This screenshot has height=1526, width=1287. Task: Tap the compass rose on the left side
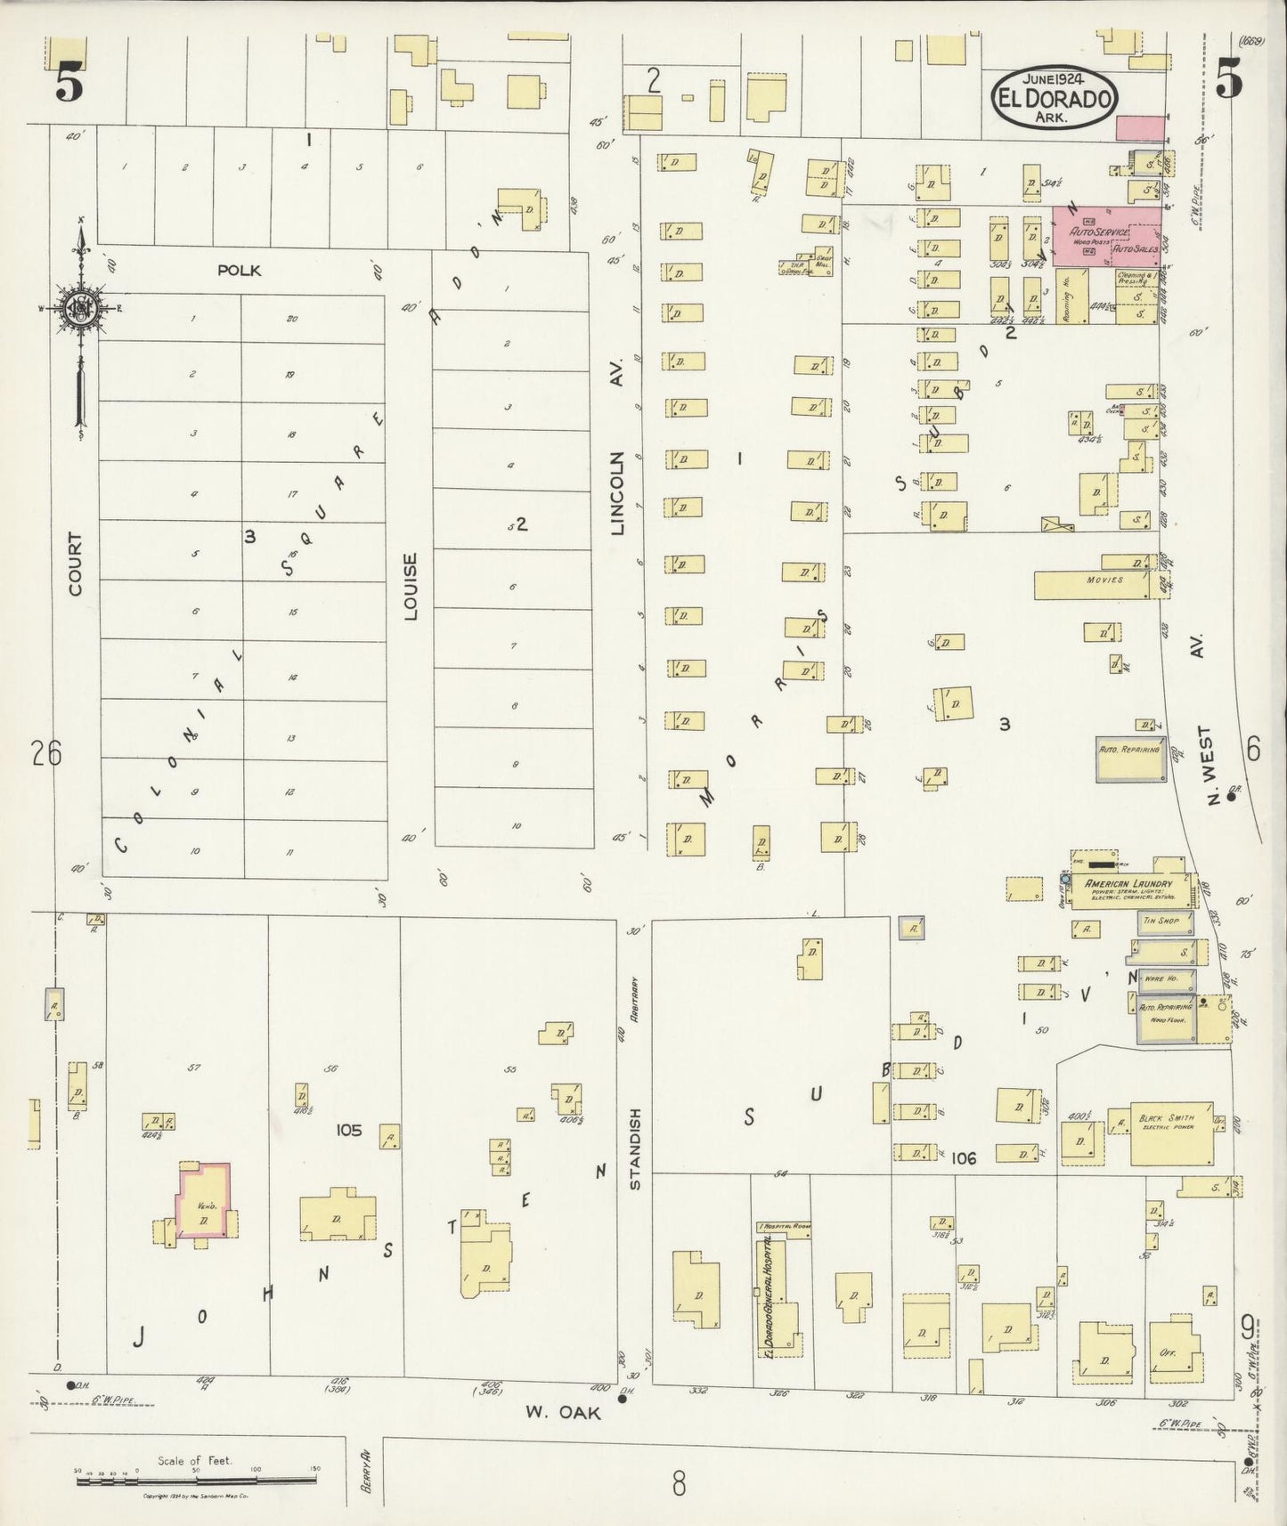point(80,309)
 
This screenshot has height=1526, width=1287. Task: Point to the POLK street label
point(239,270)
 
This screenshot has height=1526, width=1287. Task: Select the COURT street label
point(75,564)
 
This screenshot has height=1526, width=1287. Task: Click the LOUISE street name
point(410,586)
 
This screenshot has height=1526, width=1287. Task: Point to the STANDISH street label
point(635,1149)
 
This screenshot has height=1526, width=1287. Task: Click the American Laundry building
point(1128,888)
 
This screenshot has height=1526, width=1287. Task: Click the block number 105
point(348,1130)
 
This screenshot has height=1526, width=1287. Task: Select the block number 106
point(964,1158)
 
